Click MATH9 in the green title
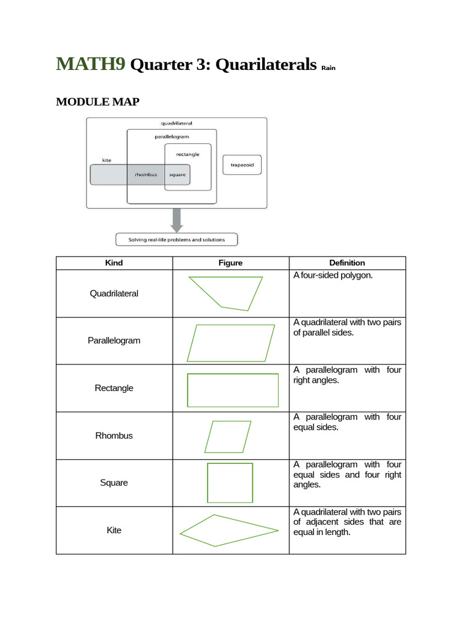click(91, 64)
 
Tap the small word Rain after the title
click(328, 68)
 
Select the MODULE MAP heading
click(97, 102)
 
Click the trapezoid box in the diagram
click(242, 165)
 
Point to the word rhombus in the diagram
click(146, 175)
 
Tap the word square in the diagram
click(177, 175)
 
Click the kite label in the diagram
click(106, 160)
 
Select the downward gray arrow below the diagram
click(176, 220)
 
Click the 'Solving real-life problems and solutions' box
click(176, 240)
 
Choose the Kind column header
click(114, 263)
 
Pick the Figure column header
click(230, 263)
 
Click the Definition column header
click(347, 263)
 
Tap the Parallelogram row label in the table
click(114, 340)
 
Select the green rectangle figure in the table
click(233, 390)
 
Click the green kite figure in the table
click(229, 530)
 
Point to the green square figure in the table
click(230, 483)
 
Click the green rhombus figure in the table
click(227, 437)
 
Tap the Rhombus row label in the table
click(114, 436)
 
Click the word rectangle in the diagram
click(188, 154)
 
